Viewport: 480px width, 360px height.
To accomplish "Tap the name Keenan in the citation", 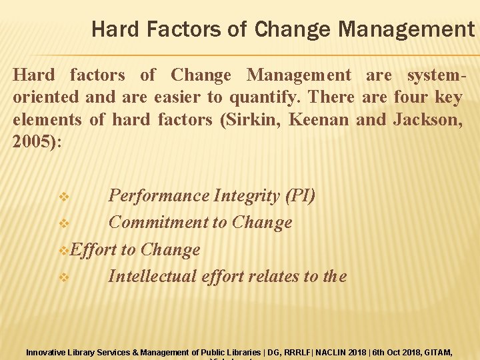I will pos(319,120).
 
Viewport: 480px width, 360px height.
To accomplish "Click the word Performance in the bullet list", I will pos(158,196).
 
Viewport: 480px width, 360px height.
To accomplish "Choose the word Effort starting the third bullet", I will pos(93,250).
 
